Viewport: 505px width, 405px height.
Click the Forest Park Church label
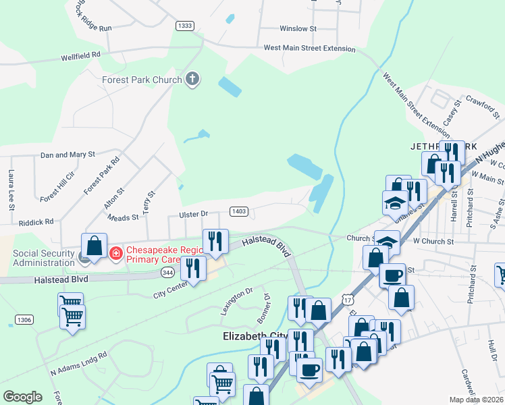coord(142,80)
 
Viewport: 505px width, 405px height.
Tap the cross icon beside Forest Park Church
coord(192,80)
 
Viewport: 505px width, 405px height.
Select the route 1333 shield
coord(184,26)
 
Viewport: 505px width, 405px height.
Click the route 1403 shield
coord(238,211)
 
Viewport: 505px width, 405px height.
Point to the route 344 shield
coord(169,272)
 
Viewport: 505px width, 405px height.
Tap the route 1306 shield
coord(24,319)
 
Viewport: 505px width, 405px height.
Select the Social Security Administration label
coord(37,258)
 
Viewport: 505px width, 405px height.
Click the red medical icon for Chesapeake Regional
coord(116,254)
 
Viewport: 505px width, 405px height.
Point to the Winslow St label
coord(298,29)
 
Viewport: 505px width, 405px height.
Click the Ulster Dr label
coord(194,214)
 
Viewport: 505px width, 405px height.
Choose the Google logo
coord(22,397)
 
